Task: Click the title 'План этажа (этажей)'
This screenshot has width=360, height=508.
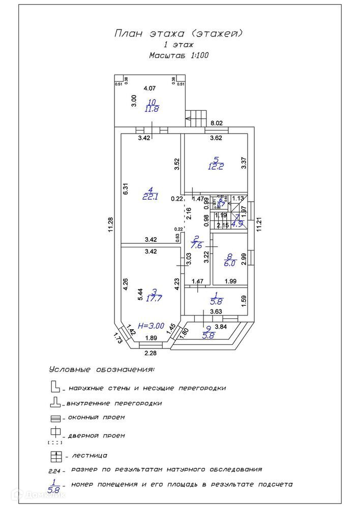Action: point(178,34)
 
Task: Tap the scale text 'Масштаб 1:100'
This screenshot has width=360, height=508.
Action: point(179,55)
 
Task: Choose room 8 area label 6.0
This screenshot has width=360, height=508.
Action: point(230,263)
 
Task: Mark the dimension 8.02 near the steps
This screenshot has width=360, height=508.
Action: point(217,122)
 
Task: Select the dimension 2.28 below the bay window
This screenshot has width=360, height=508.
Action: point(151,353)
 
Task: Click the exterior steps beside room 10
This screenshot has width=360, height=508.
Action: point(196,118)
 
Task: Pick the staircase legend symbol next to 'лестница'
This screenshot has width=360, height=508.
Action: point(56,455)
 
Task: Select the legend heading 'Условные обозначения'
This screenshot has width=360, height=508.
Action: point(102,369)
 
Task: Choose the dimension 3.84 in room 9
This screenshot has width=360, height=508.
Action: point(221,326)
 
